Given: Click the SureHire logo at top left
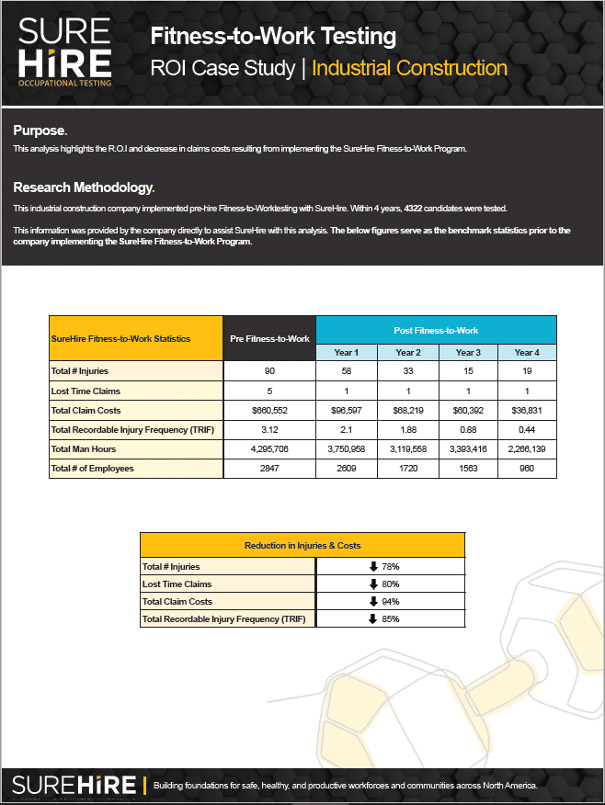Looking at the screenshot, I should click(x=65, y=52).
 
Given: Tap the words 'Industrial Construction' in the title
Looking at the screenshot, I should click(x=409, y=68).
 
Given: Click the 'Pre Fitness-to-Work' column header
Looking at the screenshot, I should click(x=268, y=339).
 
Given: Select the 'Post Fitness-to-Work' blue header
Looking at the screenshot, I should click(x=436, y=330).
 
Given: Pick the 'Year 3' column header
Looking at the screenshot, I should click(x=467, y=353).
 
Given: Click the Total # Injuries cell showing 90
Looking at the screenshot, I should click(x=268, y=370).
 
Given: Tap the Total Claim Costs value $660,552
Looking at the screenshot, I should click(x=268, y=410).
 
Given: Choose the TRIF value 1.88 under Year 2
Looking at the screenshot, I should click(x=406, y=430).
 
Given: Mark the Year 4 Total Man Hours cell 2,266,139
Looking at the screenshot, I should click(x=526, y=449).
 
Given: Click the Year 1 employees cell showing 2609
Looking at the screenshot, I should click(x=346, y=469).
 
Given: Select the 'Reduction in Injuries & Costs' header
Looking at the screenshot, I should click(x=302, y=545).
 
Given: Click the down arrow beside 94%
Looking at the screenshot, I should click(x=373, y=602).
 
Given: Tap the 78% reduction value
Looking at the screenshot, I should click(x=390, y=567).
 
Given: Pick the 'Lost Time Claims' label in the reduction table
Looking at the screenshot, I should click(x=177, y=584).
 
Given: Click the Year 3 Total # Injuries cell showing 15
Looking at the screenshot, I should click(x=467, y=370).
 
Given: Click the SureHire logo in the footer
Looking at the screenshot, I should click(x=74, y=785).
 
